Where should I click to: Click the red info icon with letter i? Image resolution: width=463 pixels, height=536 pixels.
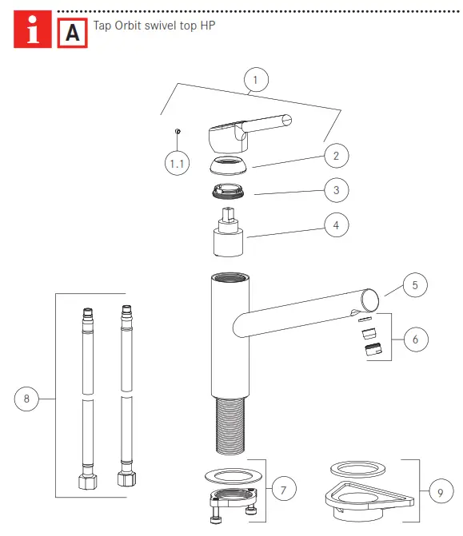click(x=33, y=33)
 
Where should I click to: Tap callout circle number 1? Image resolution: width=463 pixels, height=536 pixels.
click(x=255, y=81)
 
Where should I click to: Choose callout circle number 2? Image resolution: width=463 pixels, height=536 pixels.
click(x=336, y=156)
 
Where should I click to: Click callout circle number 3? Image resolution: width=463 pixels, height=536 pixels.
click(x=336, y=190)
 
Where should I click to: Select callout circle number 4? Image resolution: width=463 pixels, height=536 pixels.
click(x=336, y=226)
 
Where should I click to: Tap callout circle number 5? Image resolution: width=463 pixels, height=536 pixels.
click(x=415, y=284)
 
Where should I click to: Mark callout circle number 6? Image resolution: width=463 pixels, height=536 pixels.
click(x=415, y=339)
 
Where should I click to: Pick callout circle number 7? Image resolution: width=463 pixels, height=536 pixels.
click(x=284, y=489)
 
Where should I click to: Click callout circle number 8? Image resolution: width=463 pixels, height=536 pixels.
click(x=27, y=397)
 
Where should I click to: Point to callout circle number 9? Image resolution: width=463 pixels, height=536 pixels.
click(x=438, y=493)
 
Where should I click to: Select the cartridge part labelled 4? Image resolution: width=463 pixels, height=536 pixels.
click(x=228, y=236)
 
